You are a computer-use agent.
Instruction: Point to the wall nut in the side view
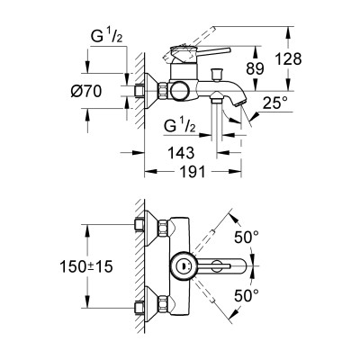pyautogui.click(x=141, y=90)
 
